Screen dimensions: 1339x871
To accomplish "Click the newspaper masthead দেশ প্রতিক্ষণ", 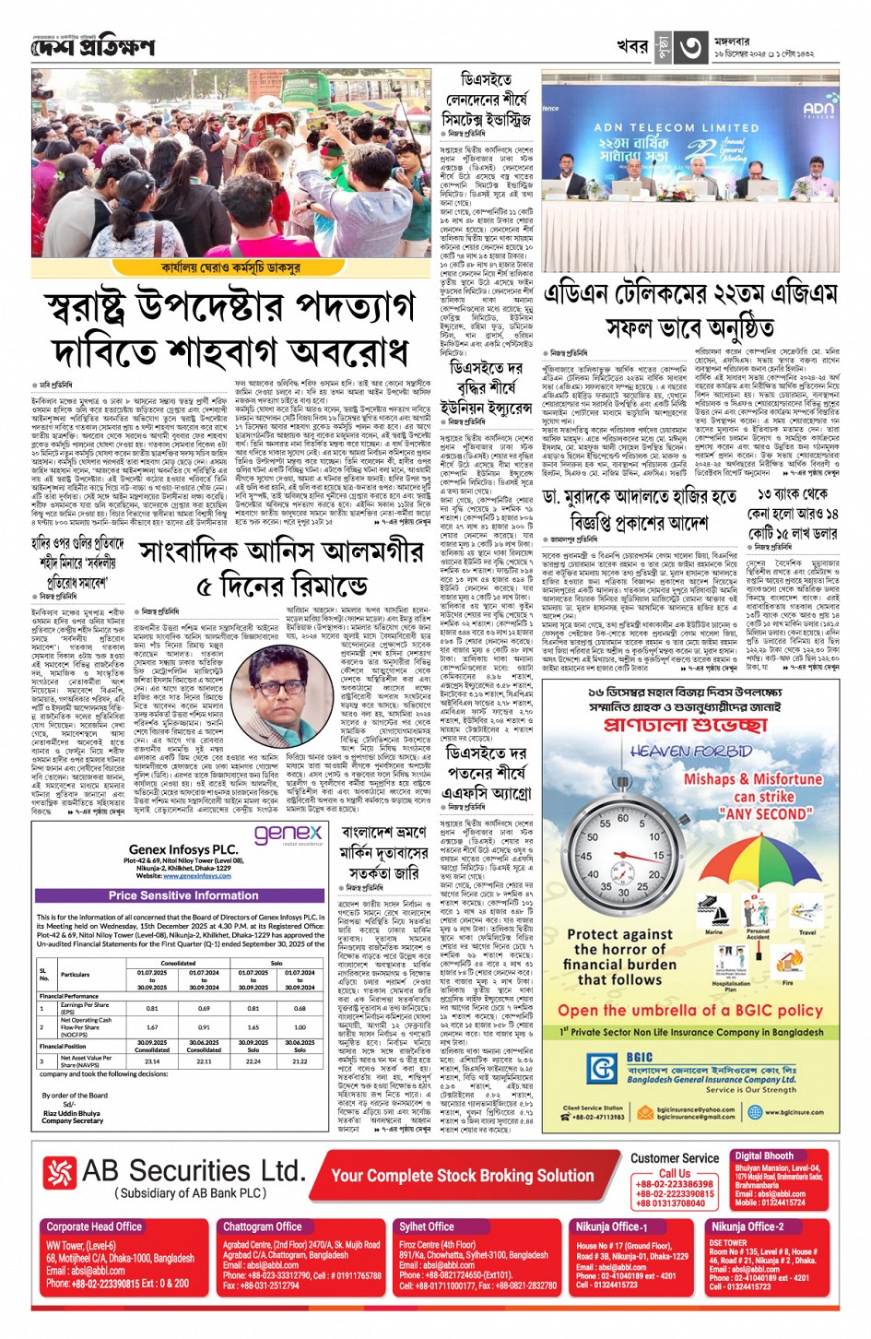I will click(92, 46).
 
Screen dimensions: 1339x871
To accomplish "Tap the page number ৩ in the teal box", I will click(691, 47).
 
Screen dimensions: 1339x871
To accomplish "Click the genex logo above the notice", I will click(288, 834).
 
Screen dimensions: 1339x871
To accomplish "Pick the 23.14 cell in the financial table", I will click(152, 1061).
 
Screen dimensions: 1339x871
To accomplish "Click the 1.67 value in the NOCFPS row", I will click(152, 1026).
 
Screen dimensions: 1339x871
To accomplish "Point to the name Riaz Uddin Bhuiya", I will click(71, 1112).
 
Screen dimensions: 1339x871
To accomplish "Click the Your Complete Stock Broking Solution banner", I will click(462, 1176).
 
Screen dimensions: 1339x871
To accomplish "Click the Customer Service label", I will click(675, 1158).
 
